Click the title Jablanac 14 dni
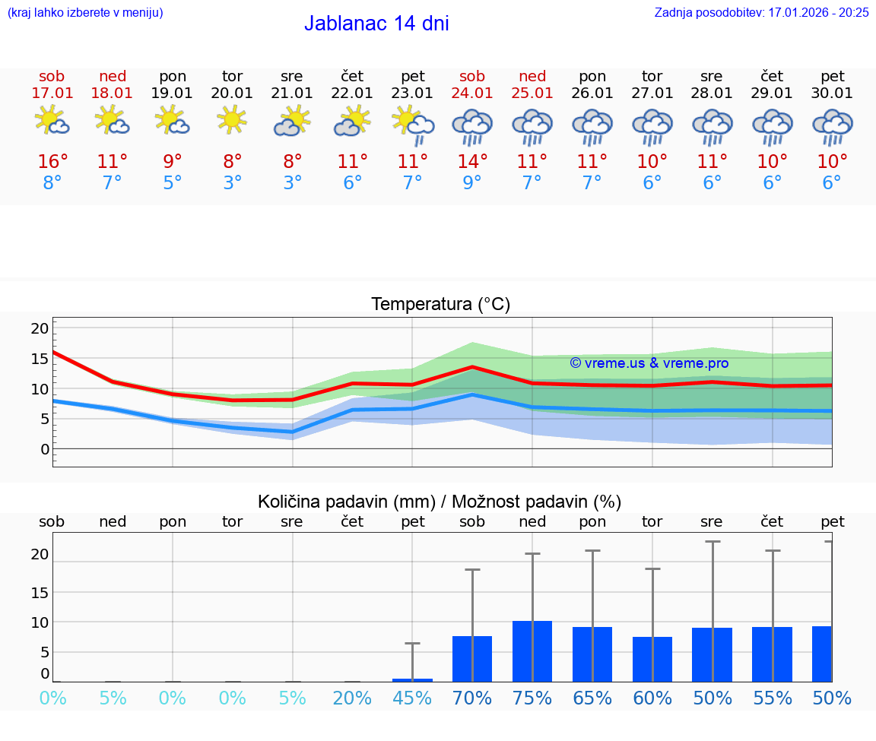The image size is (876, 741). (x=376, y=24)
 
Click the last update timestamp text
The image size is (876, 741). (x=761, y=12)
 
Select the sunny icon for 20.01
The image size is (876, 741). (x=232, y=119)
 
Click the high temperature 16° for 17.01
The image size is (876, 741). (x=52, y=162)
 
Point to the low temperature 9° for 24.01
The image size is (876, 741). (x=472, y=183)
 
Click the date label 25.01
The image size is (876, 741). (x=532, y=93)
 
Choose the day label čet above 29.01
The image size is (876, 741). (x=772, y=76)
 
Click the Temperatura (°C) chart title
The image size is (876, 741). (x=440, y=305)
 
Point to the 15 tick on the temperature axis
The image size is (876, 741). (x=40, y=359)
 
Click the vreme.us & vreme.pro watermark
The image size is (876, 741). (x=649, y=363)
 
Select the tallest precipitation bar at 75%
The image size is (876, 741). (x=532, y=651)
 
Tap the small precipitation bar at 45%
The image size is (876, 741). (x=412, y=679)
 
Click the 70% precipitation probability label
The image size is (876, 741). (x=472, y=698)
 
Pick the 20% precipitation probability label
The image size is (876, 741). (x=352, y=698)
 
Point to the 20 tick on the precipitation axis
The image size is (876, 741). (x=40, y=555)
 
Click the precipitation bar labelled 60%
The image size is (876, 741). (x=652, y=659)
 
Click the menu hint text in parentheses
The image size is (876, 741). (x=84, y=12)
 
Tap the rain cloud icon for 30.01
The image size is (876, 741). (x=832, y=127)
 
